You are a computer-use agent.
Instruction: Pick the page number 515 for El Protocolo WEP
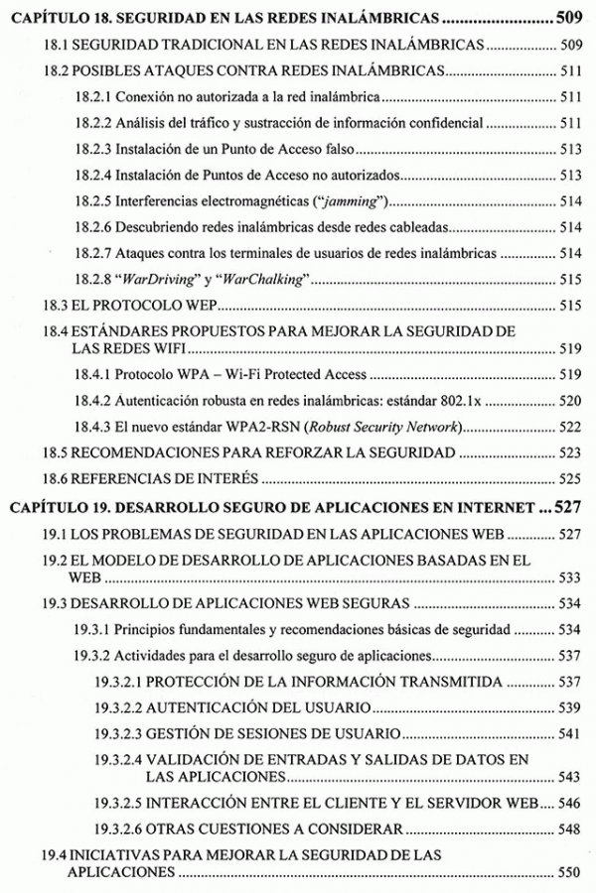(x=568, y=306)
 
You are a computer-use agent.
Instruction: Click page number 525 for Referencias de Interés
(x=568, y=479)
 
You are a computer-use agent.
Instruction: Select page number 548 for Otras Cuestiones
(x=568, y=828)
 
